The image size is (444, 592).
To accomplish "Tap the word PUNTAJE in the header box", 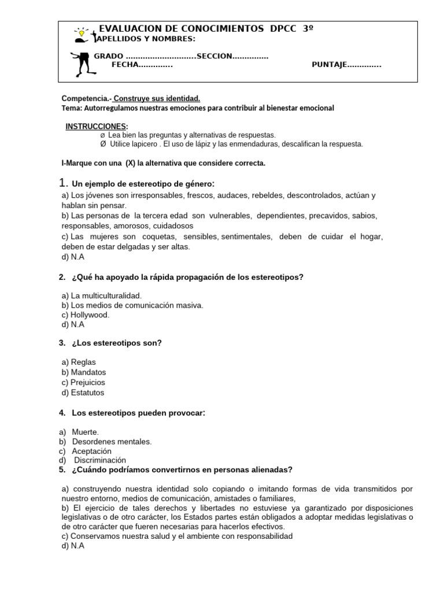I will click(x=329, y=65).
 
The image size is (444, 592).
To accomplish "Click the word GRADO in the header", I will click(x=109, y=56).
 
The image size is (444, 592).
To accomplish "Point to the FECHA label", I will click(x=125, y=65).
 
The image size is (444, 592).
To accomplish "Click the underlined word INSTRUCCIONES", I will click(x=95, y=127).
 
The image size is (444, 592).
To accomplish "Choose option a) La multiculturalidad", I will click(x=101, y=295).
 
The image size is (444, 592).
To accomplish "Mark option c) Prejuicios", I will click(x=83, y=383).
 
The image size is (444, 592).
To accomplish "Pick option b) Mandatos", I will click(x=83, y=372).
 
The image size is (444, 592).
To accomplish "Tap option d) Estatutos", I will click(x=83, y=393).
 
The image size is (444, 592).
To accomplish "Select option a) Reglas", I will click(x=79, y=362).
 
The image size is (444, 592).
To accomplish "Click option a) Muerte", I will click(x=79, y=432).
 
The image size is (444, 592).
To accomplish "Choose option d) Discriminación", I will click(x=92, y=460).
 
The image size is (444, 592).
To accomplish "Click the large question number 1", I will click(x=63, y=183).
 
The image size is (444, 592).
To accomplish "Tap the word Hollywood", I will click(x=90, y=315).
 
